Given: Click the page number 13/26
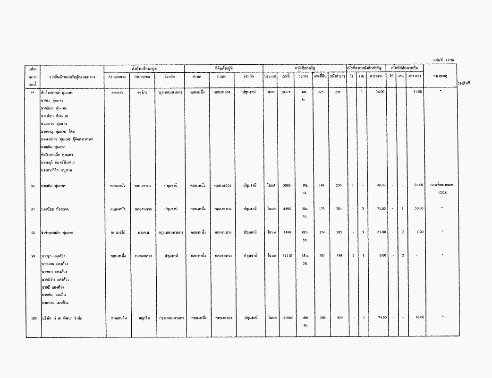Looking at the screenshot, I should (446, 60).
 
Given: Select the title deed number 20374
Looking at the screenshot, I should (286, 92).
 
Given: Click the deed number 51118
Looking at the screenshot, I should (286, 256).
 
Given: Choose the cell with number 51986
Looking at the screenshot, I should (286, 318).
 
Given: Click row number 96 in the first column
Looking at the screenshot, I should (33, 186).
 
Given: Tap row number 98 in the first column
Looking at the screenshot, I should (33, 232).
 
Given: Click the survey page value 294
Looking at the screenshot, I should (338, 92).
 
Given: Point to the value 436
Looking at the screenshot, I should (339, 256).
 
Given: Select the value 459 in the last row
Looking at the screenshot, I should (339, 318).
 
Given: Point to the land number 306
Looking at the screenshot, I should (322, 318).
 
